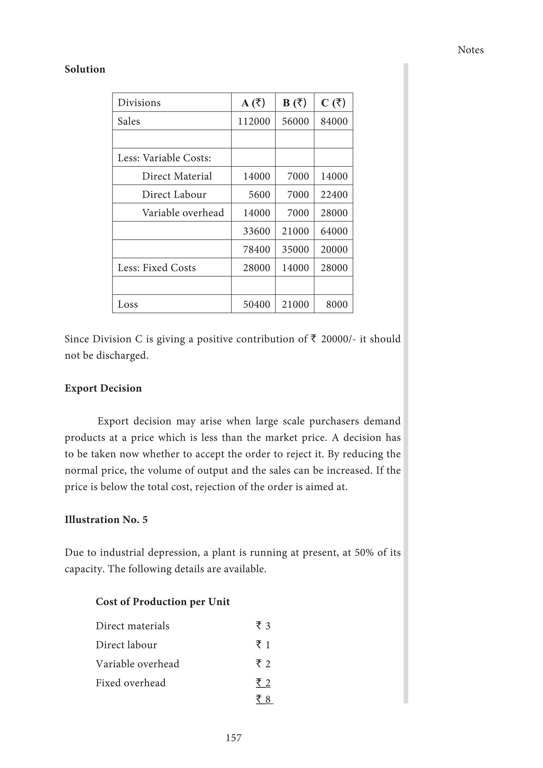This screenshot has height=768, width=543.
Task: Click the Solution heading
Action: tap(85, 69)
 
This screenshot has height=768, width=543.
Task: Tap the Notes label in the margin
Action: tap(470, 50)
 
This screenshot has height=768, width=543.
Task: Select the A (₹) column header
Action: tap(253, 103)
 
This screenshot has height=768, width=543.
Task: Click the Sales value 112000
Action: tap(254, 121)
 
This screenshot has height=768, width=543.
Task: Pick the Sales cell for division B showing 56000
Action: tap(295, 121)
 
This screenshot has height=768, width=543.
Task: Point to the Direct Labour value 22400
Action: tap(334, 194)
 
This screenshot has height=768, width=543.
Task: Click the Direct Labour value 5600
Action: tap(259, 194)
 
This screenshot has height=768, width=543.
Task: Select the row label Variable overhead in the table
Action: tap(183, 213)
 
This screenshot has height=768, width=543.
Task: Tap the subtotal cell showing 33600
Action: tap(256, 231)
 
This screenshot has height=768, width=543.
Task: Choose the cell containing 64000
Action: tap(334, 231)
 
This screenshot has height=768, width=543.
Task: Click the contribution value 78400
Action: tap(256, 250)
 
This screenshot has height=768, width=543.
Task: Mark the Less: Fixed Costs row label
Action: tap(156, 268)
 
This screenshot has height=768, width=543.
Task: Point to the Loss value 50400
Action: tap(256, 304)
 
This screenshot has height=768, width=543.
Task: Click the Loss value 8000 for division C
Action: tap(336, 304)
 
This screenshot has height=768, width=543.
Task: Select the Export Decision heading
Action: tap(103, 388)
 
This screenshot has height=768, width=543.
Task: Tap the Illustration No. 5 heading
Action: tap(106, 520)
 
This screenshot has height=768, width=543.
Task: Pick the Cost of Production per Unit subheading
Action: tap(163, 601)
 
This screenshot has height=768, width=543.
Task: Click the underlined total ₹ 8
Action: tap(264, 699)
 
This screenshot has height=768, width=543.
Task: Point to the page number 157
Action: tap(233, 738)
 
